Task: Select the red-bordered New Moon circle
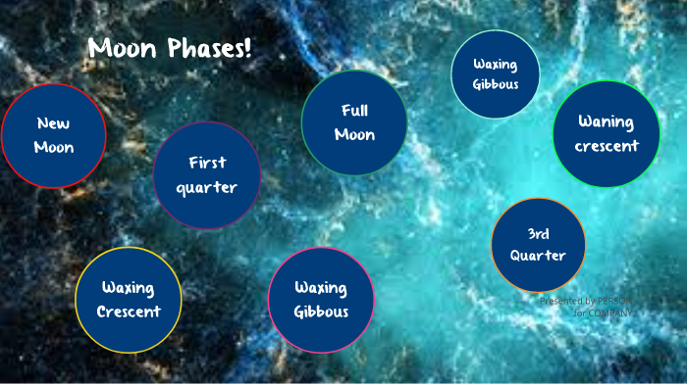[x=53, y=135]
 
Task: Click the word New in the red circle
[x=53, y=123]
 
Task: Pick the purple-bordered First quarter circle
[x=207, y=175]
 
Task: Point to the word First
[x=207, y=163]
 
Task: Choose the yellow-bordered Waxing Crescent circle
[x=129, y=300]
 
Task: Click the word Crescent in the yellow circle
[x=129, y=313]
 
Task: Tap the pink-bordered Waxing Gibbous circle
[x=321, y=300]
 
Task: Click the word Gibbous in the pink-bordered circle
[x=321, y=313]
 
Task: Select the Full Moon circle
[x=354, y=122]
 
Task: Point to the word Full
[x=354, y=110]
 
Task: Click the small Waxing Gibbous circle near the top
[x=496, y=73]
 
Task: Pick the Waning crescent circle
[x=606, y=134]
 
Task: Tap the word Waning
[x=606, y=122]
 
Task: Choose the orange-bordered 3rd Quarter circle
[x=538, y=245]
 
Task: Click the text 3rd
[x=538, y=234]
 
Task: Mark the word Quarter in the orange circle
[x=538, y=256]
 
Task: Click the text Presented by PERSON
[x=586, y=301]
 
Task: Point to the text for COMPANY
[x=603, y=313]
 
